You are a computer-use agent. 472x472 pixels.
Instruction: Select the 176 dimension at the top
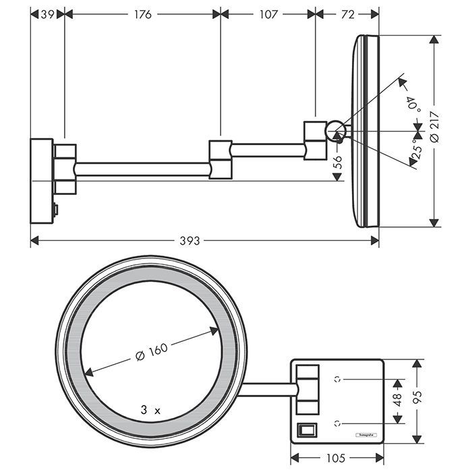(142, 13)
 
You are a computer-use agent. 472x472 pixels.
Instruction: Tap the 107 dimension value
(268, 13)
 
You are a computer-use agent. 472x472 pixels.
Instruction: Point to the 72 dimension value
(347, 13)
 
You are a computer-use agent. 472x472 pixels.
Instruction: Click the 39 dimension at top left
(47, 13)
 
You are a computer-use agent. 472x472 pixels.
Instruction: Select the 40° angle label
(411, 105)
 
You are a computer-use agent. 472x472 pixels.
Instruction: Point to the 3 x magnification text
(150, 409)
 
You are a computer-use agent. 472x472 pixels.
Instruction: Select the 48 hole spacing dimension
(397, 401)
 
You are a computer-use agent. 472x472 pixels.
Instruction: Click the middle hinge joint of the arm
(220, 159)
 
